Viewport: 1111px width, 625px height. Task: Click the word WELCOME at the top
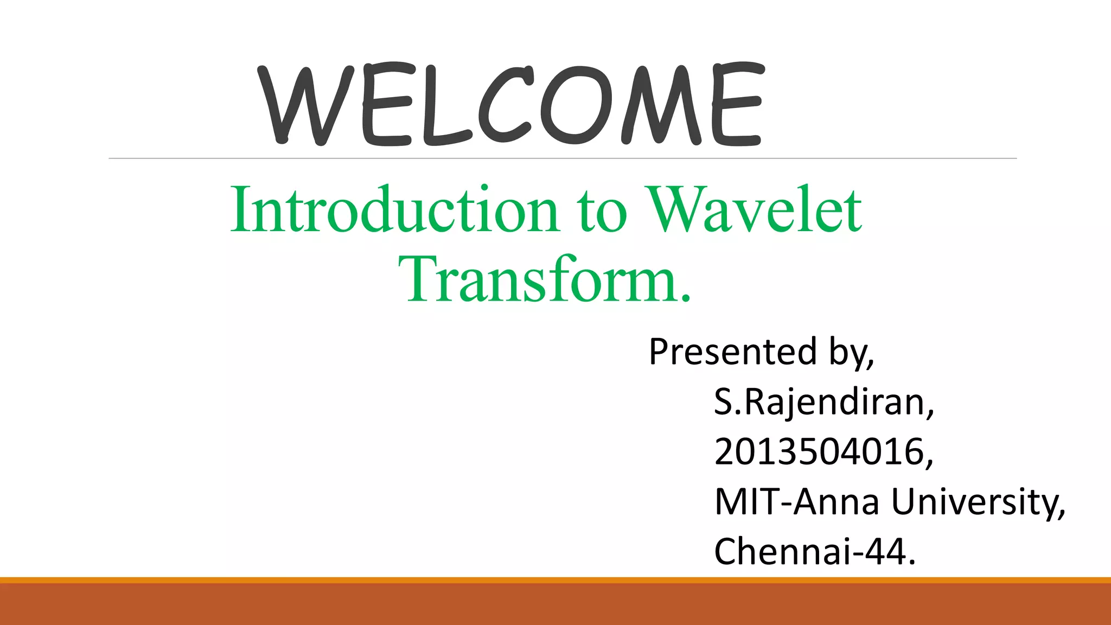click(x=511, y=104)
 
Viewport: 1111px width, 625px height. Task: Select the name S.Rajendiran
click(x=824, y=403)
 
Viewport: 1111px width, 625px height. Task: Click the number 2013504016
click(x=824, y=452)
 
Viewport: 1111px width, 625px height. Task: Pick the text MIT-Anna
click(x=797, y=501)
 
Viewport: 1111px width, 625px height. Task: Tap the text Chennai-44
click(x=815, y=551)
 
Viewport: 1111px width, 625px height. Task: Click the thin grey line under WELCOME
click(x=563, y=158)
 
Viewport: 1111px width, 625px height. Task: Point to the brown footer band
click(x=555, y=604)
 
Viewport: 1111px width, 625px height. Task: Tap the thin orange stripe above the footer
click(x=555, y=580)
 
